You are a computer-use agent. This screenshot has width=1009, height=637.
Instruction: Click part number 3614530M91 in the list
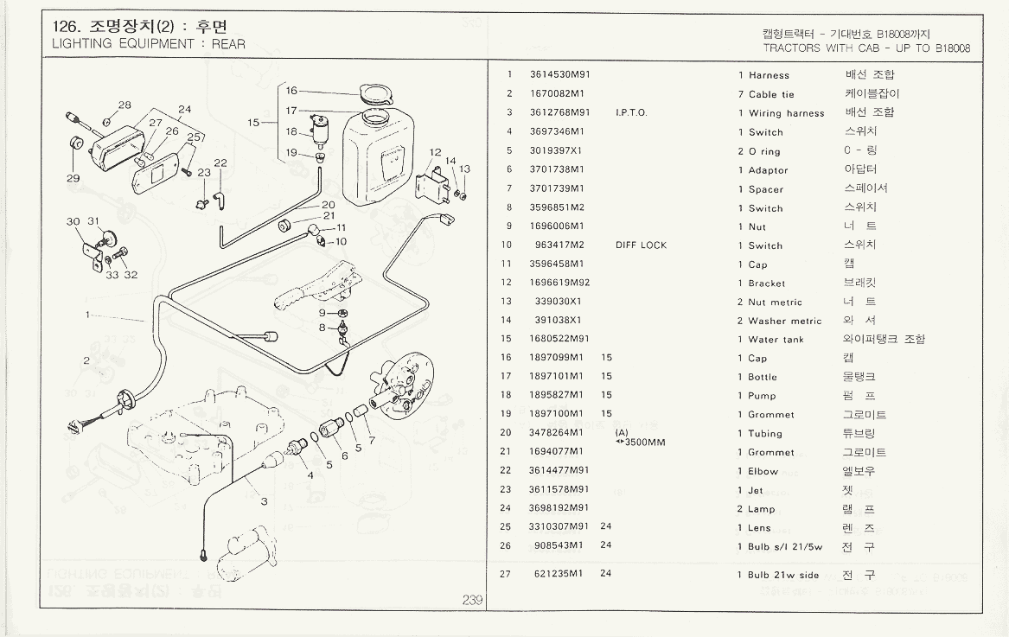point(559,75)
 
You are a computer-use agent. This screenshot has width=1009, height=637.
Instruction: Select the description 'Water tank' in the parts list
point(776,340)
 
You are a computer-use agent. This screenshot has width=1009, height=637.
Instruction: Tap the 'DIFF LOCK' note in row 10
point(641,245)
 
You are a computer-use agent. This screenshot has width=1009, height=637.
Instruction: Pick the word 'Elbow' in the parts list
point(763,472)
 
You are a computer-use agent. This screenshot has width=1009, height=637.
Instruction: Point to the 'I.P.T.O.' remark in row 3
point(631,113)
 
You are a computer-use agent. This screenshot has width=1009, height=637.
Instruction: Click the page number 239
point(472,601)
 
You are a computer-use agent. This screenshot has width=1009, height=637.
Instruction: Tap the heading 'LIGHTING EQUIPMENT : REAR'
point(149,44)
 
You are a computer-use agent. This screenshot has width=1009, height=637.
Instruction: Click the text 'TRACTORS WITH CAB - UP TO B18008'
point(866,48)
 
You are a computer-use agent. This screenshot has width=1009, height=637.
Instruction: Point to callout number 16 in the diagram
point(291,91)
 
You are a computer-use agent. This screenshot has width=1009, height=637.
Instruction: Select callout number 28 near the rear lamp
point(125,105)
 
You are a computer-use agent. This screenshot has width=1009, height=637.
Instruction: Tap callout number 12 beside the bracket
point(435,153)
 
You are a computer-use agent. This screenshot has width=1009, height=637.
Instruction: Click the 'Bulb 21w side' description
point(783,575)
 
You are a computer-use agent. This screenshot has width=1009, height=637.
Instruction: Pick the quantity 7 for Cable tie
point(741,94)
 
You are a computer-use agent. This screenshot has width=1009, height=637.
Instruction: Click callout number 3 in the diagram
point(264,501)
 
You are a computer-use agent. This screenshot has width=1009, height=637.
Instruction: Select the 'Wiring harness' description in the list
point(786,113)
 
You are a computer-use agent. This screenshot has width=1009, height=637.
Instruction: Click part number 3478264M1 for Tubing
point(556,432)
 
